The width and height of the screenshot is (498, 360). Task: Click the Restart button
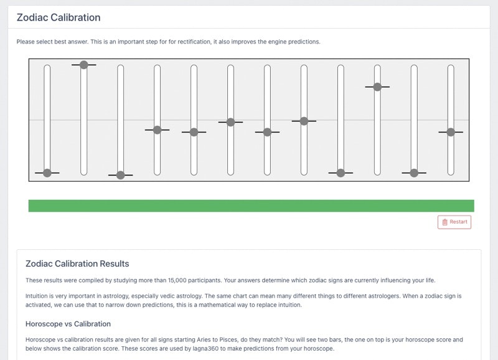(x=454, y=222)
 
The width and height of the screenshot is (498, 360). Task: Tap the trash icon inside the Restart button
(x=444, y=222)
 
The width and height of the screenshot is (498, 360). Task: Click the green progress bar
(x=251, y=206)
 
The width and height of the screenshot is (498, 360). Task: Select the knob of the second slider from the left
(x=84, y=65)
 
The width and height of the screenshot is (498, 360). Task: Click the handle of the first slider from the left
(x=47, y=173)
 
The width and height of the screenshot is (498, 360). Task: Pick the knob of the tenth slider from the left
(x=377, y=87)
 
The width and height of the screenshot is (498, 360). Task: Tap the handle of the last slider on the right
(x=451, y=132)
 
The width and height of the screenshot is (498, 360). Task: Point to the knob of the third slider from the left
(x=120, y=175)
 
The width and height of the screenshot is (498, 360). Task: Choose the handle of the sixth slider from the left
(x=230, y=122)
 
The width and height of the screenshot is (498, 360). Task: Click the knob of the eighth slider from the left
(x=304, y=121)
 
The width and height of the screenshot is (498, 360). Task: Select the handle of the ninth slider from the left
(x=341, y=173)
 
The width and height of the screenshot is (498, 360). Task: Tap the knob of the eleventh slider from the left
(x=414, y=173)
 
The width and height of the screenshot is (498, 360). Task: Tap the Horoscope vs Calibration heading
(x=68, y=324)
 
